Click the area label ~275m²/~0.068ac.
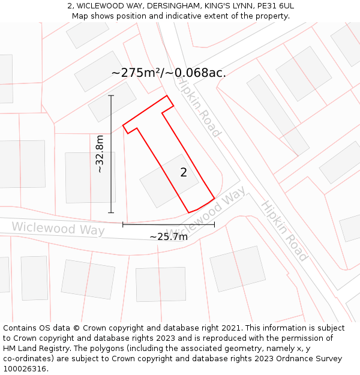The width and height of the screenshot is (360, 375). pyautogui.click(x=169, y=73)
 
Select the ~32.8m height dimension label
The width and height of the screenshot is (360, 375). pyautogui.click(x=100, y=154)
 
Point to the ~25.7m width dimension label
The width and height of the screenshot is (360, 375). pyautogui.click(x=169, y=236)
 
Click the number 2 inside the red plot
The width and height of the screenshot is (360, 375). pyautogui.click(x=184, y=172)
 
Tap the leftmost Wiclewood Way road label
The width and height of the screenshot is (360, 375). pyautogui.click(x=58, y=229)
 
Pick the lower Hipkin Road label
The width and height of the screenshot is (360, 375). pyautogui.click(x=284, y=231)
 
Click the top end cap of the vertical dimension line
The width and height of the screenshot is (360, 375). pyautogui.click(x=111, y=95)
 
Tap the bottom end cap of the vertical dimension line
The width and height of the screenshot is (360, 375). pyautogui.click(x=111, y=212)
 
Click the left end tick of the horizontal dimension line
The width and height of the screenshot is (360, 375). pyautogui.click(x=123, y=225)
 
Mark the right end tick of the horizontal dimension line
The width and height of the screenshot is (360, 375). pyautogui.click(x=214, y=225)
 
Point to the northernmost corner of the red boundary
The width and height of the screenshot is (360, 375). pyautogui.click(x=167, y=95)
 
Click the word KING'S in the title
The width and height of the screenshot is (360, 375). pyautogui.click(x=217, y=6)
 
